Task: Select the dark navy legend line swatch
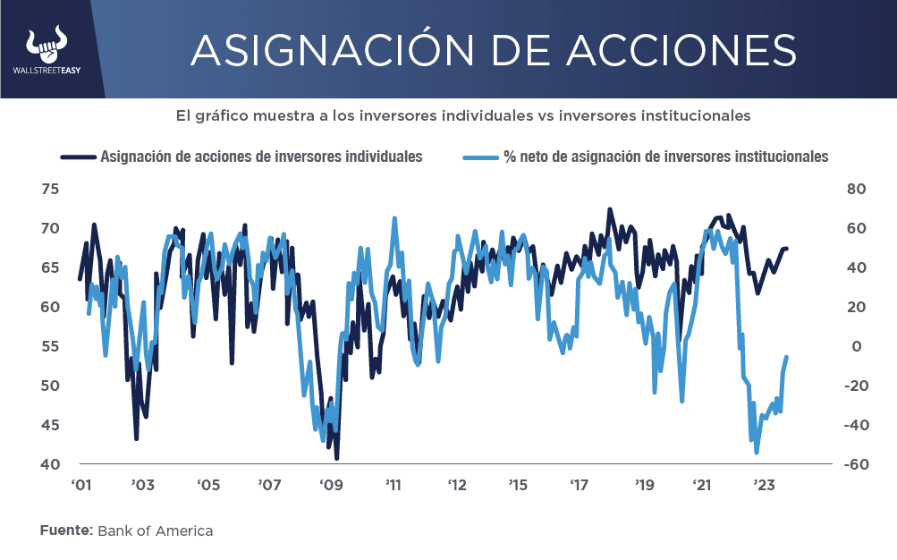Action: (x=78, y=157)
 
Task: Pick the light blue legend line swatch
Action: (x=480, y=157)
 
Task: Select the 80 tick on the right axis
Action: (x=855, y=189)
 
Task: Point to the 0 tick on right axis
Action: (x=855, y=346)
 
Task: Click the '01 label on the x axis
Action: (x=81, y=486)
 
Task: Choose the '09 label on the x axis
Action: (x=331, y=486)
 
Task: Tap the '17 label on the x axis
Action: (x=579, y=486)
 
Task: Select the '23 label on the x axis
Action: (x=765, y=486)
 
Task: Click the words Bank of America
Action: (x=155, y=530)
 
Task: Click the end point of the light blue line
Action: (x=787, y=358)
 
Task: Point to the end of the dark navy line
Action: (x=787, y=248)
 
